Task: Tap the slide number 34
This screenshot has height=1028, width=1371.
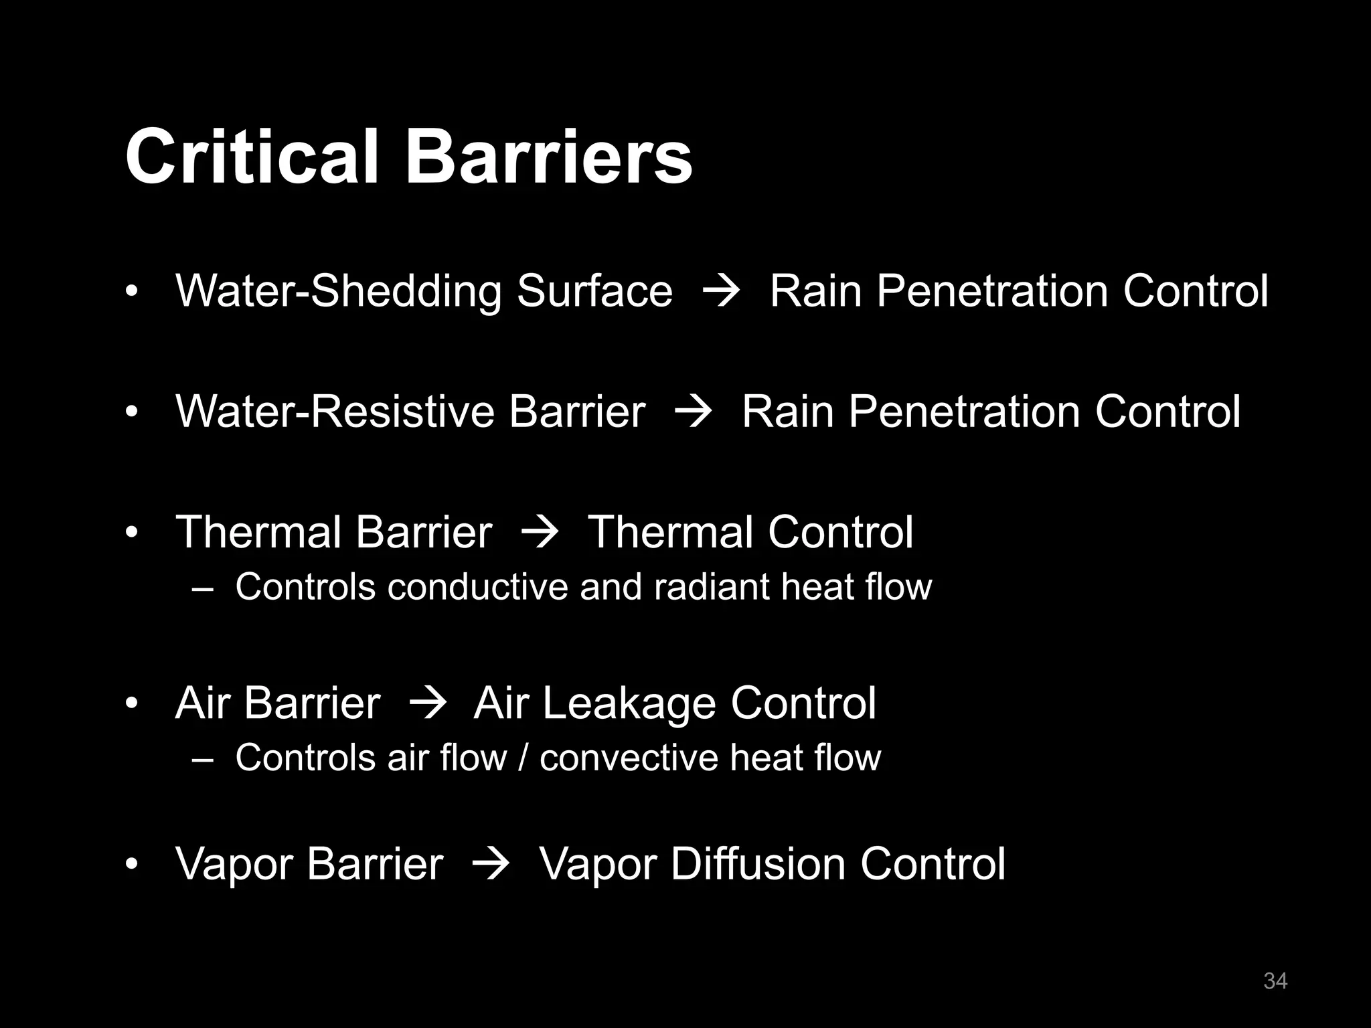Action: [x=1275, y=980]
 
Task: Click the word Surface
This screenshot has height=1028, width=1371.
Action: [x=594, y=291]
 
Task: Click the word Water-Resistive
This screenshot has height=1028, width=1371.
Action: [x=333, y=411]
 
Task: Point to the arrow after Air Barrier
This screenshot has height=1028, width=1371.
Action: [x=426, y=705]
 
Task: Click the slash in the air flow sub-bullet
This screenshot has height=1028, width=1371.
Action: [x=523, y=758]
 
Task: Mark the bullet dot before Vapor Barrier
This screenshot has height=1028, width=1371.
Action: [x=132, y=865]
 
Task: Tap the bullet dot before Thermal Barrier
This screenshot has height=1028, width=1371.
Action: [x=132, y=533]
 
